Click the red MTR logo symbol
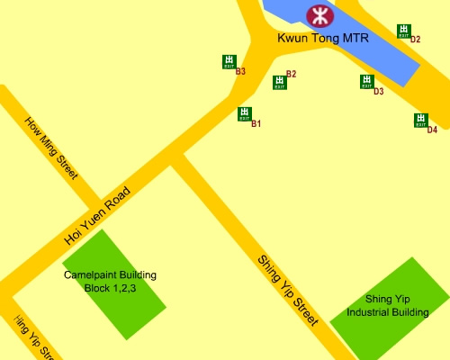click(x=319, y=14)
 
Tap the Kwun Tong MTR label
click(x=323, y=39)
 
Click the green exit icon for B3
click(x=229, y=61)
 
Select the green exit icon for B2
click(x=279, y=83)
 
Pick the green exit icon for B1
click(x=244, y=114)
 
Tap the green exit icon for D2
click(x=404, y=31)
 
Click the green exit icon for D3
click(x=366, y=82)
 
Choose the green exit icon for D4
click(x=420, y=121)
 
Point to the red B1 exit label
click(x=256, y=123)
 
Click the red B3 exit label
click(x=240, y=70)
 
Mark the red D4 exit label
click(x=432, y=130)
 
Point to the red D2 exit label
click(x=415, y=40)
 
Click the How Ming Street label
click(x=52, y=148)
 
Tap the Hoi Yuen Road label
click(x=98, y=217)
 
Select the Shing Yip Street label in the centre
click(x=288, y=290)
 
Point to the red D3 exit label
click(x=378, y=92)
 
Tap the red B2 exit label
click(x=291, y=74)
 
